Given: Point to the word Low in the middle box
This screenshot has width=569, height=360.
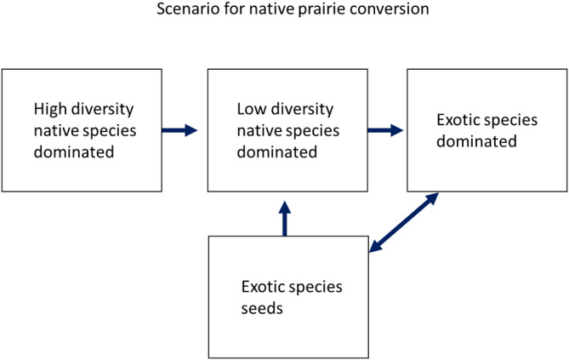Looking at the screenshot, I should point(251,110).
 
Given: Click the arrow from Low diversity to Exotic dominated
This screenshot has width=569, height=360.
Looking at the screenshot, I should point(384,130).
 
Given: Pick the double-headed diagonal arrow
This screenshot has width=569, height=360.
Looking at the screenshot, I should point(403,222).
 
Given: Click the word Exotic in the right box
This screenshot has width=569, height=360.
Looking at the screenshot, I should point(458,120).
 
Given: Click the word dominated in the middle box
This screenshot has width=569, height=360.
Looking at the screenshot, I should point(276,152).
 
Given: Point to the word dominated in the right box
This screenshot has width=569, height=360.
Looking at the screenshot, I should point(476,141).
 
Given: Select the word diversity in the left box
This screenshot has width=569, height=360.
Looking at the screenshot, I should point(103,110).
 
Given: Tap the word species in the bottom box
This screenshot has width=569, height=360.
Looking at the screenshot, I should point(316,288).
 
